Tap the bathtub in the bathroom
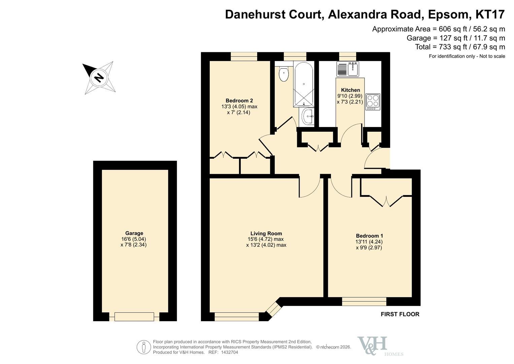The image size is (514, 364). click(x=304, y=84)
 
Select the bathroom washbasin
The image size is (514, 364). click(x=307, y=116)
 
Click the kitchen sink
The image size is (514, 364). click(x=348, y=69)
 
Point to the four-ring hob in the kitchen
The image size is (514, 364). click(x=373, y=101)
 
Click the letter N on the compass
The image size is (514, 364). click(x=99, y=78)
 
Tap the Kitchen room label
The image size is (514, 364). click(x=350, y=90)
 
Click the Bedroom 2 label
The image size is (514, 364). click(x=239, y=100)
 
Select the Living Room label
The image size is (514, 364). click(x=266, y=234)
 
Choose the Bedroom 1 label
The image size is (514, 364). click(x=369, y=236)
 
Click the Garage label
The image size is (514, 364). click(x=134, y=233)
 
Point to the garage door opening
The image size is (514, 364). click(x=134, y=317)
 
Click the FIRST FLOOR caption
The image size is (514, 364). click(x=400, y=314)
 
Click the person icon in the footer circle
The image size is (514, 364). click(x=144, y=347)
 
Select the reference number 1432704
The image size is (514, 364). click(x=230, y=352)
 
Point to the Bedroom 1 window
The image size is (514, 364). click(x=364, y=302)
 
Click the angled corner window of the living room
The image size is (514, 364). click(x=274, y=308)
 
